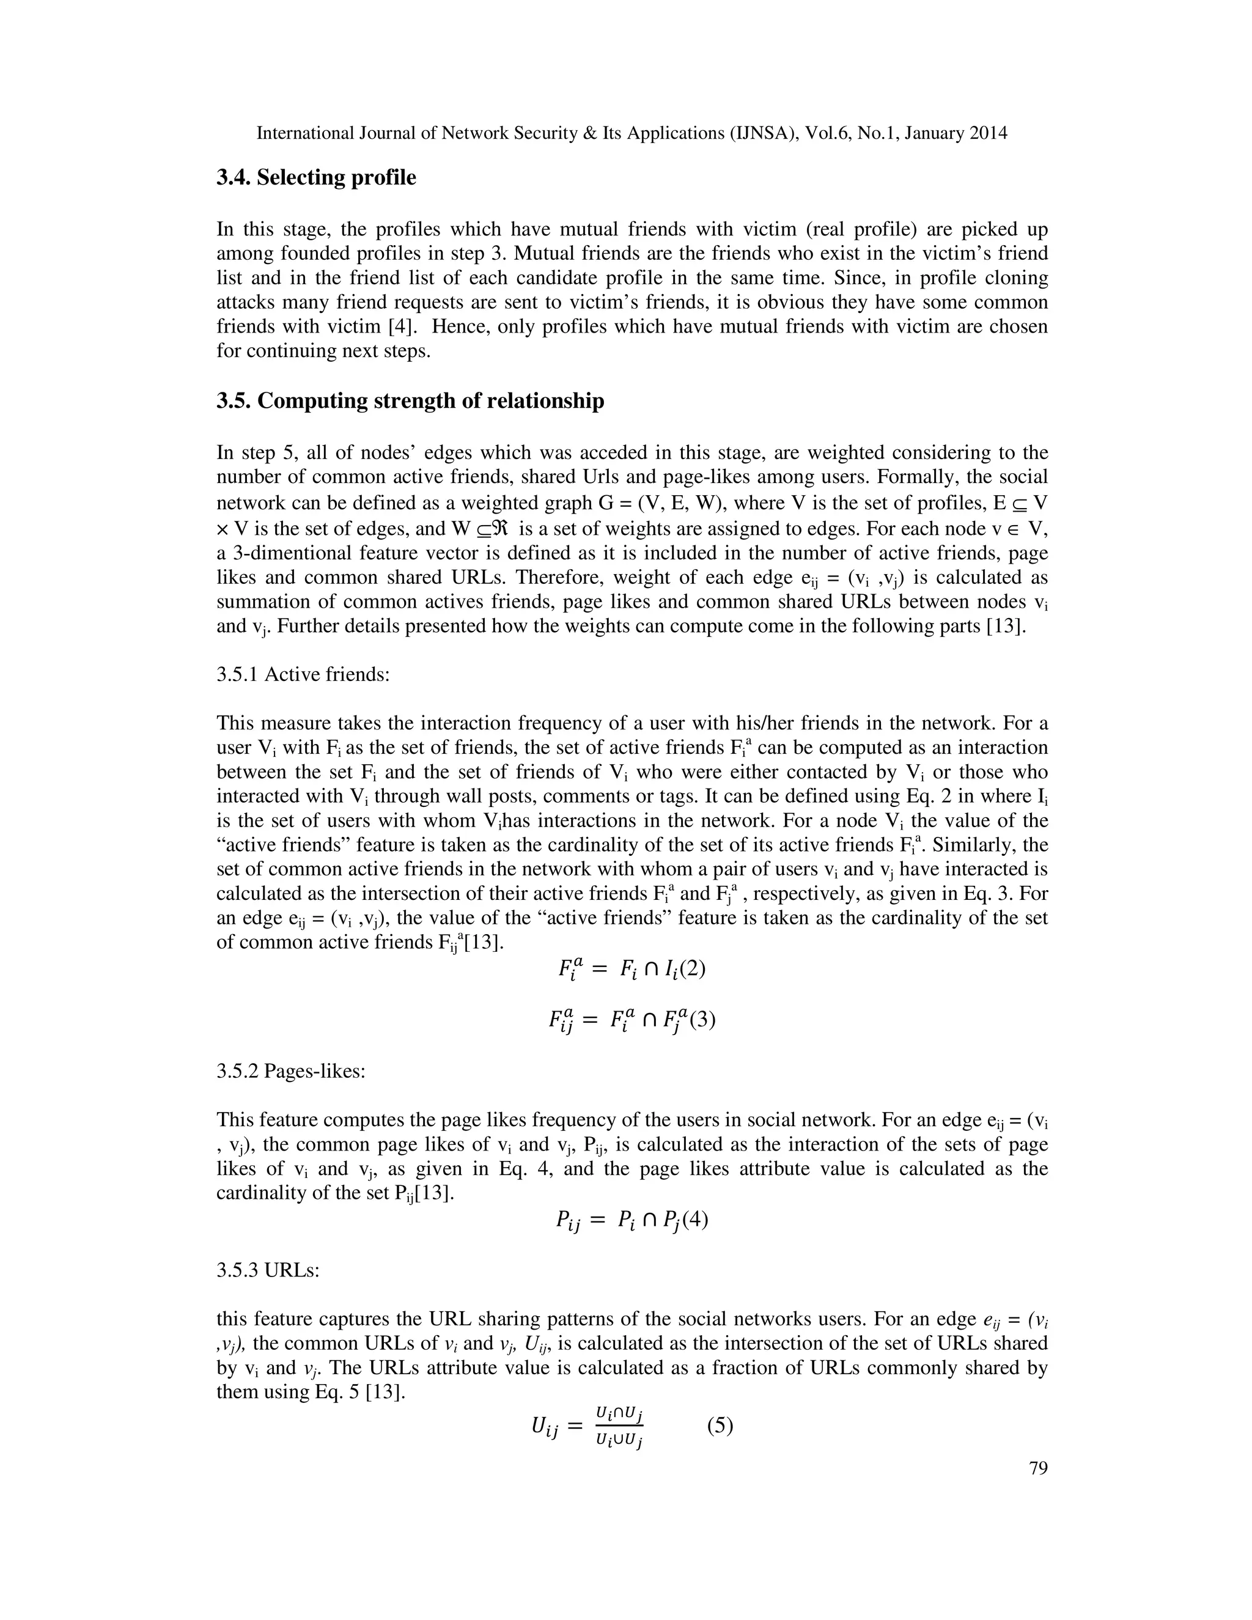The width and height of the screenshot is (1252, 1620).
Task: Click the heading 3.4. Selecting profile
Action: [x=316, y=178]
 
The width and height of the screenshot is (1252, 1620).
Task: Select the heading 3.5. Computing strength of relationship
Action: [x=410, y=401]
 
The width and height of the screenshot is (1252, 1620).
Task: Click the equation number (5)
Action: [x=720, y=1425]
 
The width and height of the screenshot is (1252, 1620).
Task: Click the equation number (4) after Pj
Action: [x=695, y=1220]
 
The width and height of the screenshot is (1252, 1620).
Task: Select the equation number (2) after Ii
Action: [x=691, y=969]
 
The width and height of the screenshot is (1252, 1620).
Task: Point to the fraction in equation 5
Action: [x=619, y=1426]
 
